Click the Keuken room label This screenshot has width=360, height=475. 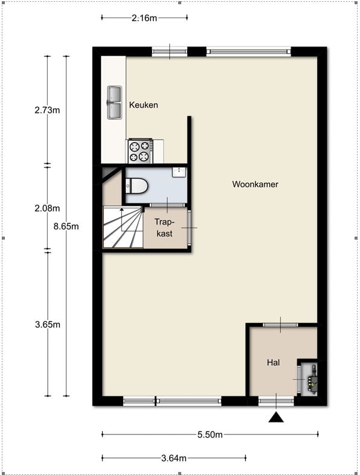click(x=143, y=105)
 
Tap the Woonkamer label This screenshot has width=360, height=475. click(x=255, y=184)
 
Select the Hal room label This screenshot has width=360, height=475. click(x=273, y=363)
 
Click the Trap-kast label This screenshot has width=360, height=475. click(x=164, y=228)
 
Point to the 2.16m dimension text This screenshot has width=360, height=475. click(x=144, y=18)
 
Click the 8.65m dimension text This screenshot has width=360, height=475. click(x=66, y=226)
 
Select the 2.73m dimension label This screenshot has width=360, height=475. click(x=47, y=110)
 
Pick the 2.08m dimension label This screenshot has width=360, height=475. click(x=47, y=208)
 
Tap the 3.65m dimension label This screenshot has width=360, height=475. click(x=48, y=325)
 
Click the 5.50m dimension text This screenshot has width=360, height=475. click(x=210, y=435)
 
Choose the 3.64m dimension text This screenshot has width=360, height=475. click(x=174, y=458)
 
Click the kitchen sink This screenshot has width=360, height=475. click(x=114, y=103)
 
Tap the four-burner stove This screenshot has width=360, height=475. click(x=140, y=151)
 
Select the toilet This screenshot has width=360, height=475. click(x=137, y=186)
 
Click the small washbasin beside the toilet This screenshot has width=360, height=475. click(x=179, y=172)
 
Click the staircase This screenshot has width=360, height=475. click(x=123, y=227)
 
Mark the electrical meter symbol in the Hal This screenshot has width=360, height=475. click(x=312, y=379)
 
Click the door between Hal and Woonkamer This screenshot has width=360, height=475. click(x=280, y=325)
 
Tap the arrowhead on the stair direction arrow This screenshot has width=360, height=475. click(x=121, y=209)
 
